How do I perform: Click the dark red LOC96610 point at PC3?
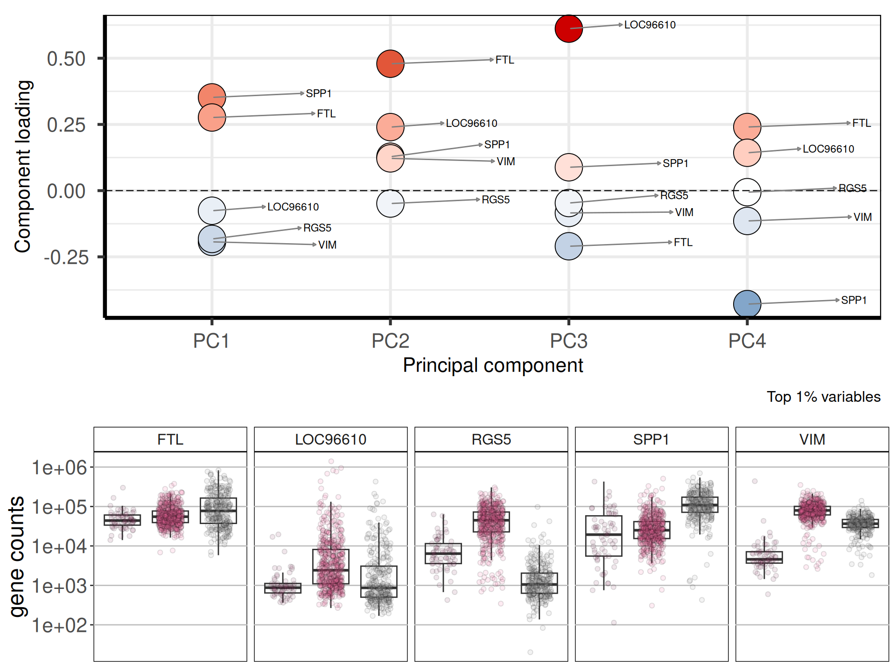point(568,28)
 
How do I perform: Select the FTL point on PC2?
point(390,63)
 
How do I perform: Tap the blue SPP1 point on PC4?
point(747,304)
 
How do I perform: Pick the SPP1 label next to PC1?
point(319,93)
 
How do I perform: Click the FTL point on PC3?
point(568,246)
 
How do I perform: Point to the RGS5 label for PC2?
point(496,200)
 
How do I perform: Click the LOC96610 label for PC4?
point(828,149)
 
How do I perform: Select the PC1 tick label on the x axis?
point(211,341)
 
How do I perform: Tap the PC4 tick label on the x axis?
point(747,341)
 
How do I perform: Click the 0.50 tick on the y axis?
point(66,59)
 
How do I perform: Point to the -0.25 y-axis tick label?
point(66,257)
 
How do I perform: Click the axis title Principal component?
point(493,365)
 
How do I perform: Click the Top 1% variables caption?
point(824,397)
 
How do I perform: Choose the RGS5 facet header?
point(491,440)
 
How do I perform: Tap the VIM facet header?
point(812,440)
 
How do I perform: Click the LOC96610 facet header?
point(331,440)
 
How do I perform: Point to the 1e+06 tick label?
point(60,468)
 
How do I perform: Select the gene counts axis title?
point(17,556)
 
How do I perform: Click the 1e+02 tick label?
point(60,625)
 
